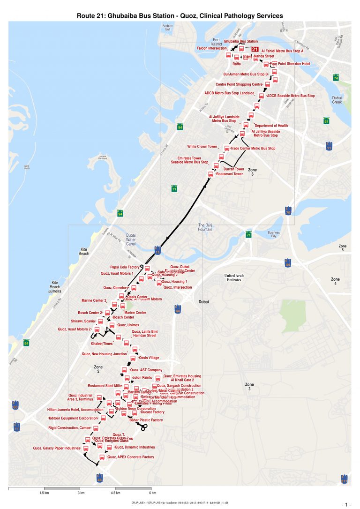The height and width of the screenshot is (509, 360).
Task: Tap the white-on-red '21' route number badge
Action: [255, 49]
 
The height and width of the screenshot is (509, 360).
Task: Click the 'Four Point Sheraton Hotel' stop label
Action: [290, 64]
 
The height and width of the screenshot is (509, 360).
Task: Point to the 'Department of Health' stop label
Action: [271, 126]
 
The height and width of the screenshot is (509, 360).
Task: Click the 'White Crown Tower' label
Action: [202, 147]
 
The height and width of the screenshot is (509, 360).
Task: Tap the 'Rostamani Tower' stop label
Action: [229, 174]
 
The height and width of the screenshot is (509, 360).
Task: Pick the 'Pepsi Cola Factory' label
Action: [125, 267]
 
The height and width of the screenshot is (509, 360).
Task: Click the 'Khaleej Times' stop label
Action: [101, 344]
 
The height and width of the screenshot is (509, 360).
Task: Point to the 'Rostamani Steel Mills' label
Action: [104, 386]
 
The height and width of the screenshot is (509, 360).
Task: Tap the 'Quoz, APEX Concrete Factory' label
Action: [131, 457]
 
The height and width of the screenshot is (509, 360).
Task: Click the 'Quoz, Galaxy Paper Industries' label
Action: [57, 448]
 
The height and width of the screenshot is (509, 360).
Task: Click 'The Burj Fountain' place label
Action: [205, 227]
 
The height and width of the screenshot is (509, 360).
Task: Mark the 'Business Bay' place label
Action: [273, 235]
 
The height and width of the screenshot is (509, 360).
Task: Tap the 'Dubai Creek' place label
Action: [337, 99]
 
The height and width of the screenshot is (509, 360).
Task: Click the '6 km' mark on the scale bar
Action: [152, 494]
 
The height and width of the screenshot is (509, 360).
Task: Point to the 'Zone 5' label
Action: [343, 248]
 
